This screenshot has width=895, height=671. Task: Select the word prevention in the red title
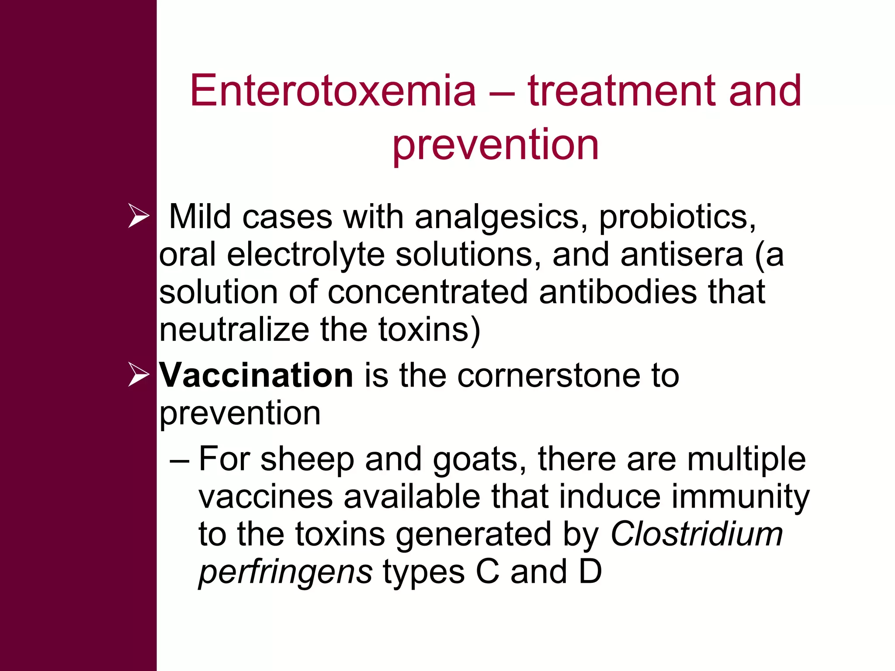tap(495, 145)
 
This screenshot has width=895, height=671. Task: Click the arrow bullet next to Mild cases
tap(139, 216)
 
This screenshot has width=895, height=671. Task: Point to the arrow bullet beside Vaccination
tap(139, 375)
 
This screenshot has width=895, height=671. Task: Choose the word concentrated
tap(427, 292)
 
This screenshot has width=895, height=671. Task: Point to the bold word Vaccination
tap(256, 375)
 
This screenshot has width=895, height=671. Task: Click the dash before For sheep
tap(179, 460)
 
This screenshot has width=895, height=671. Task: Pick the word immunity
tap(740, 497)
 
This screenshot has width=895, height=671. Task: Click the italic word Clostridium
tap(696, 534)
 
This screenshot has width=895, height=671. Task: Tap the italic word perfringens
tap(285, 572)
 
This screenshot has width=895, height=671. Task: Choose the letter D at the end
tap(590, 572)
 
